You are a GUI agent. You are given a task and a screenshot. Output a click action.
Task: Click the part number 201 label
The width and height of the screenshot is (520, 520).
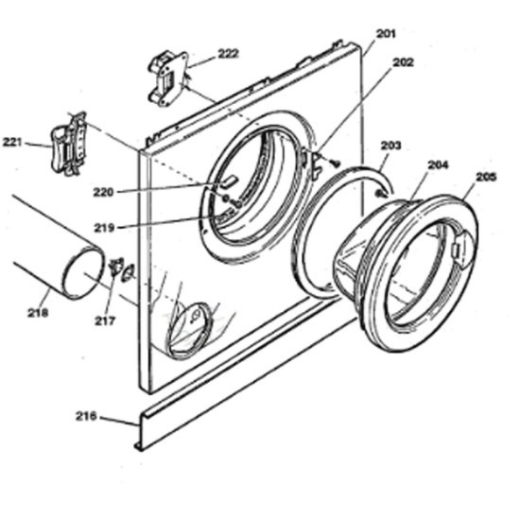[x=386, y=33]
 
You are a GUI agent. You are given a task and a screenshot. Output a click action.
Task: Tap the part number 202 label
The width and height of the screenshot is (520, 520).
[x=404, y=62]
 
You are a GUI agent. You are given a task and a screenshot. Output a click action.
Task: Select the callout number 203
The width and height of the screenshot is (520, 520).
[x=390, y=145]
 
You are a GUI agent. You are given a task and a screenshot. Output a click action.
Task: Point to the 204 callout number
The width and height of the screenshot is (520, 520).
[x=438, y=165]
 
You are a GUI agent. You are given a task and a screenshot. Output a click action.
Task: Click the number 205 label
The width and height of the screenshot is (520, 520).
[x=486, y=177]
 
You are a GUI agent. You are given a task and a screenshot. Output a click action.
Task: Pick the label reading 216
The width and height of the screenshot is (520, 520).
[x=86, y=416]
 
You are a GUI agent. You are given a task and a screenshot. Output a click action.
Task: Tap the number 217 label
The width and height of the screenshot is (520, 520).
[x=105, y=321]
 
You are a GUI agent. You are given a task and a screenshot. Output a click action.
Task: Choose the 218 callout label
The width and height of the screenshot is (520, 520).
[x=38, y=312]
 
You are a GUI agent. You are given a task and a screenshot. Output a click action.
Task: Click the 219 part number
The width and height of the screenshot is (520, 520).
[x=104, y=228]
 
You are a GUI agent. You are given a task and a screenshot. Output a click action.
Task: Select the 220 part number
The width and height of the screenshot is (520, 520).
[x=103, y=192]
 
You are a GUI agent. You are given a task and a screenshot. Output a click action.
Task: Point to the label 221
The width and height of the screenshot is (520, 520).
[x=12, y=143]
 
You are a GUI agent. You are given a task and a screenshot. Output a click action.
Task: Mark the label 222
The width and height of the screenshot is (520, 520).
[x=228, y=53]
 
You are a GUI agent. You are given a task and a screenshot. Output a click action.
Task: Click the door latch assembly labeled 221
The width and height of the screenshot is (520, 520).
[x=69, y=144]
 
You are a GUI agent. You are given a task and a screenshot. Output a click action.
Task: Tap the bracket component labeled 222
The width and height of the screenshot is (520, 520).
[x=167, y=78]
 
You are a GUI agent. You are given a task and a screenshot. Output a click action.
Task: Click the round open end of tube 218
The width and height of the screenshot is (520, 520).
[x=83, y=272]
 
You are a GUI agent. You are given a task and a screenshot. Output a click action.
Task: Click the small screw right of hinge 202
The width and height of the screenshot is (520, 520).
[x=336, y=163]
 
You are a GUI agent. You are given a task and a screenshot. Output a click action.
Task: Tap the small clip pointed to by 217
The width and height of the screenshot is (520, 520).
[x=116, y=267]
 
